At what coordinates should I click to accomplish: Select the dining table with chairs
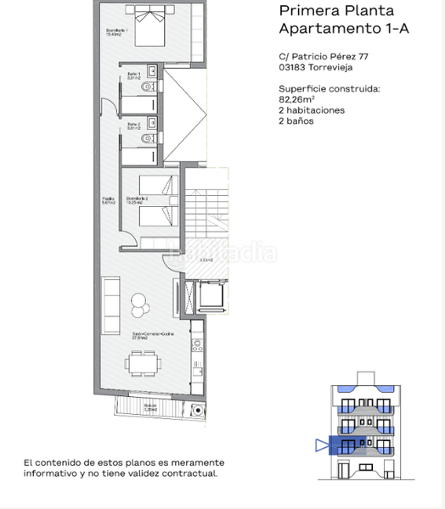142,366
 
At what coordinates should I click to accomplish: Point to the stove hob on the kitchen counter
197,346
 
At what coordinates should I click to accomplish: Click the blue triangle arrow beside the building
321,445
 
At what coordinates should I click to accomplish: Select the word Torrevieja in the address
331,70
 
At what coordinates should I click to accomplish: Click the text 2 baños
296,120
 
